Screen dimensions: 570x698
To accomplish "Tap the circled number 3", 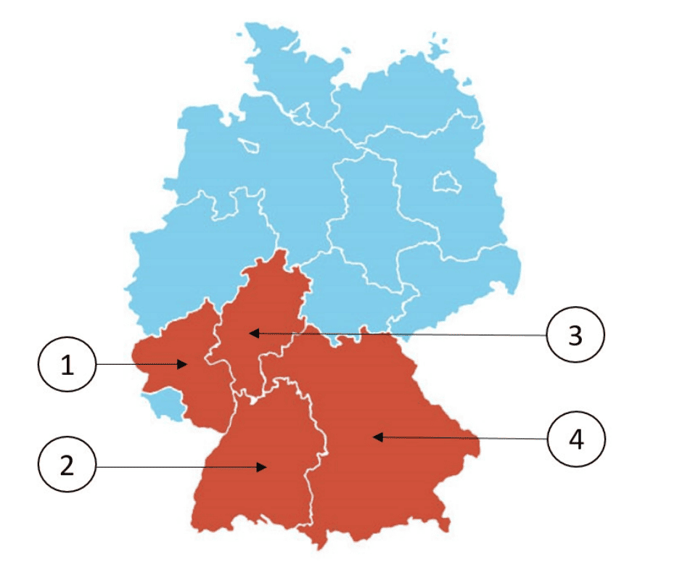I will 575,336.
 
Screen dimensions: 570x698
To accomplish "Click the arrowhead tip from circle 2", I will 266,468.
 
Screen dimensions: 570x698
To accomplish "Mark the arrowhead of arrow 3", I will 249,334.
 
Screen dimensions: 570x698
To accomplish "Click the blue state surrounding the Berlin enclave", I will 450,218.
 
